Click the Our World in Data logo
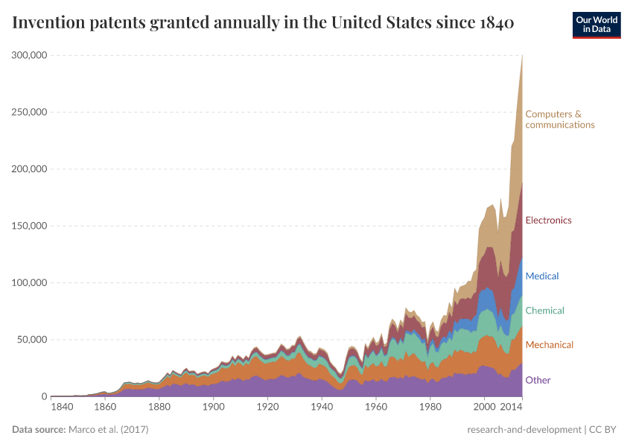tap(597, 25)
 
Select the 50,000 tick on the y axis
tap(32, 340)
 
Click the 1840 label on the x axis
tap(63, 408)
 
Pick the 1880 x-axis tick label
tap(158, 408)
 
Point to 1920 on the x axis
tap(267, 408)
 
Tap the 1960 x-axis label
tap(376, 408)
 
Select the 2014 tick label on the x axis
tap(511, 408)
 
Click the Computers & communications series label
tap(559, 119)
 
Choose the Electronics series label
tap(548, 221)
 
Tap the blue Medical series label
tap(541, 276)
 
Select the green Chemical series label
tap(544, 311)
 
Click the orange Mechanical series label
tap(549, 345)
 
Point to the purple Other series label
tap(538, 380)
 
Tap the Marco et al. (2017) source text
tap(109, 430)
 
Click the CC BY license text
tap(604, 430)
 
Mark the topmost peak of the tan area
tap(522, 54)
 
